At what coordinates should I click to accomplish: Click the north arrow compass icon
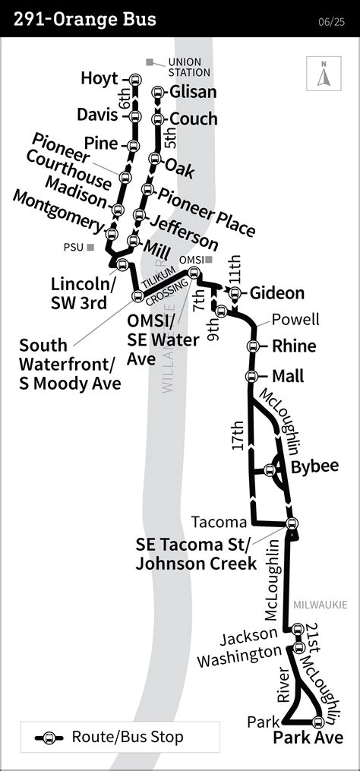[324, 75]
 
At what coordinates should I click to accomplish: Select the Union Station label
[188, 67]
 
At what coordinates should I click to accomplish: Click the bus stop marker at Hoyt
[135, 78]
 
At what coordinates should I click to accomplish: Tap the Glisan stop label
[193, 92]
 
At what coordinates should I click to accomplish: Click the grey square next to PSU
[90, 247]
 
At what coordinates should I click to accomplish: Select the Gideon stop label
[277, 293]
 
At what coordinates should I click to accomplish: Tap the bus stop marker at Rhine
[251, 346]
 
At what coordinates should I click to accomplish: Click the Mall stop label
[287, 376]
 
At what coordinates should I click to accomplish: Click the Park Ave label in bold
[308, 738]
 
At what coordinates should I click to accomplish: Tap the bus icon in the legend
[49, 737]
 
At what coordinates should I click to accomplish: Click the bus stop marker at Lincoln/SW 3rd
[122, 264]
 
